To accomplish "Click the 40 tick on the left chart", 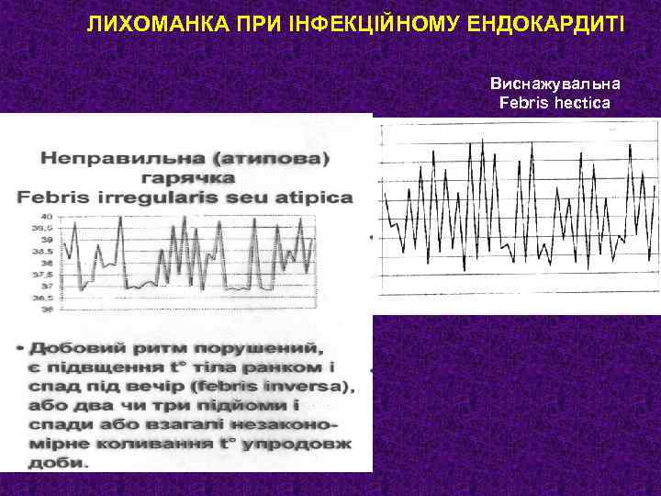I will (x=45, y=216).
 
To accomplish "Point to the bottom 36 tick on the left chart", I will (x=45, y=310).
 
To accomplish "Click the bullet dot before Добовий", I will (x=19, y=350).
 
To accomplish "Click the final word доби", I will (x=57, y=462).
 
